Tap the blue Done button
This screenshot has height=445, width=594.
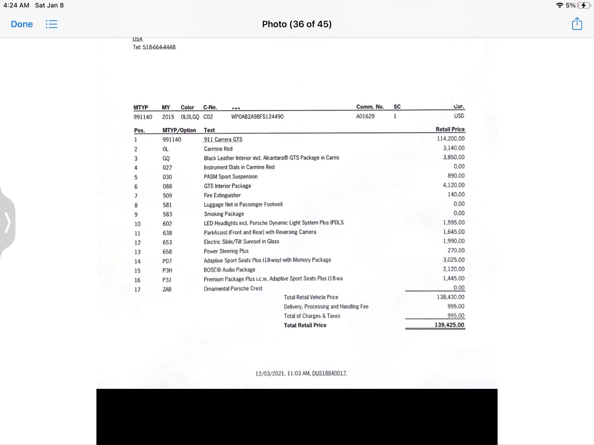[22, 24]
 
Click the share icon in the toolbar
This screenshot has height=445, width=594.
[577, 24]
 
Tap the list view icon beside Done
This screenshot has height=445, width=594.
[51, 24]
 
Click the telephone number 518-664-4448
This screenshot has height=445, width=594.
[159, 47]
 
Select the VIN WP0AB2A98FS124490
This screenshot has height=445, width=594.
[257, 117]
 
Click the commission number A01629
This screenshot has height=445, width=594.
[365, 116]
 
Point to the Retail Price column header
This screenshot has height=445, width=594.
[450, 129]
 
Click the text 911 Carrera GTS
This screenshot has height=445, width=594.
[223, 139]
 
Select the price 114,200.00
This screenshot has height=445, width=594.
[451, 139]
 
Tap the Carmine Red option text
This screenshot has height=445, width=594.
[218, 149]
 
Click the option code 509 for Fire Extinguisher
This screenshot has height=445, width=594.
[167, 196]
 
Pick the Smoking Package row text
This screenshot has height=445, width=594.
[224, 214]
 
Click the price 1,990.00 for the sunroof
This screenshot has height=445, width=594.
[454, 241]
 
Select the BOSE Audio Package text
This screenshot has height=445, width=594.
[229, 270]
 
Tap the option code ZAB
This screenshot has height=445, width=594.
[167, 289]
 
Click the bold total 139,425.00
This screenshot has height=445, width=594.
[449, 325]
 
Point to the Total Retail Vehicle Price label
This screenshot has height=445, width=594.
[311, 297]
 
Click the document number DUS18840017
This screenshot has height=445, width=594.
[329, 373]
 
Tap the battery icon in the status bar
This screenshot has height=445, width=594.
[584, 5]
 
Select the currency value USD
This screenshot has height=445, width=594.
[459, 116]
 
